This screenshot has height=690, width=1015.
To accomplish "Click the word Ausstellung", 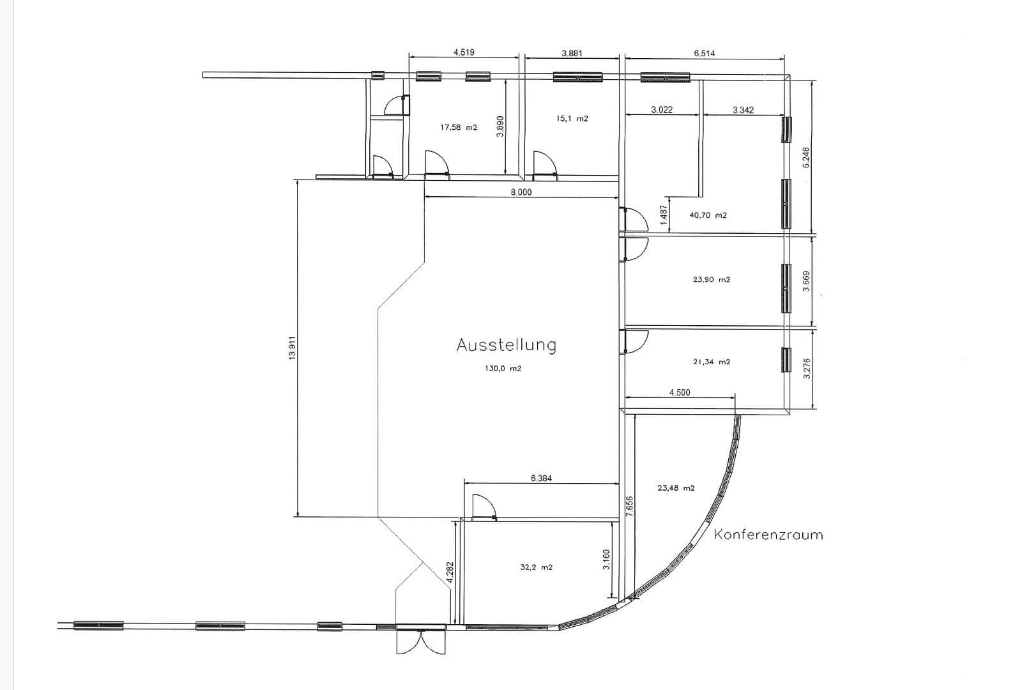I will click(506, 345).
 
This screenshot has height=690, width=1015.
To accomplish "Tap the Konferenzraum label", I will click(768, 535).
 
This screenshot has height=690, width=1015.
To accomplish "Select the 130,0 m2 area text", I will click(503, 369).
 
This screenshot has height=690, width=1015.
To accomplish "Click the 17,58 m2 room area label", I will click(459, 128).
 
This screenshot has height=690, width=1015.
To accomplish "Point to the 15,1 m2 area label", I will click(572, 119).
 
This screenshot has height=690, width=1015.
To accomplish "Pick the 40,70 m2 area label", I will click(708, 215).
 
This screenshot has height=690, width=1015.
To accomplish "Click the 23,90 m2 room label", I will click(711, 280).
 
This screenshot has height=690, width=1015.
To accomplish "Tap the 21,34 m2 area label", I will click(711, 362).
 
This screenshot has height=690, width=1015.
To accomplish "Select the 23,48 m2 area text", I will click(676, 488).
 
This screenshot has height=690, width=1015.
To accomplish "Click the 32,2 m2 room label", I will click(537, 567).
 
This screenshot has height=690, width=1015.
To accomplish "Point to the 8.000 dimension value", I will click(521, 192).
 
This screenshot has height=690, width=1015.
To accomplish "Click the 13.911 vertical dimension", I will click(293, 348).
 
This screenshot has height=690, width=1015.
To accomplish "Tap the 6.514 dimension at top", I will click(704, 54).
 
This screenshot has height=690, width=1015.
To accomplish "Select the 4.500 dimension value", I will click(680, 393).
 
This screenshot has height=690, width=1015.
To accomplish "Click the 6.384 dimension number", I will click(541, 478).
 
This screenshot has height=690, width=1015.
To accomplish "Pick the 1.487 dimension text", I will click(663, 213).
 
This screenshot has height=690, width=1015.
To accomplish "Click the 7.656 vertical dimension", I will click(630, 506).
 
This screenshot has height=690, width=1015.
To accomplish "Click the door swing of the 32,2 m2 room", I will click(483, 507).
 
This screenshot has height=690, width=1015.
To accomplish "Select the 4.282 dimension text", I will click(450, 572).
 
